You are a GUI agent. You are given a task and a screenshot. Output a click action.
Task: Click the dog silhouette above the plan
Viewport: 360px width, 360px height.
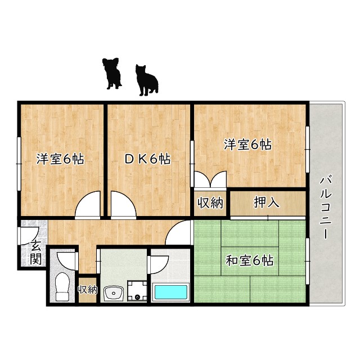point(112,74)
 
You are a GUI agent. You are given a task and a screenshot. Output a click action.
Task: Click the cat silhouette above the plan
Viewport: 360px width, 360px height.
point(146,80)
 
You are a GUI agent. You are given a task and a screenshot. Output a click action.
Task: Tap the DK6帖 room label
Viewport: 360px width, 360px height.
point(147,159)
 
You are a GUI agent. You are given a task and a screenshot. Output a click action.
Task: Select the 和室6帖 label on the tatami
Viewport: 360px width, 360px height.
point(250,260)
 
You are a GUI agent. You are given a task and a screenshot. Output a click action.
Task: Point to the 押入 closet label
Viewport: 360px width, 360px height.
point(266,202)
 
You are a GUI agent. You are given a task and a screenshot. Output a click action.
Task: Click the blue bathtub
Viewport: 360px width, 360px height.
point(171,292)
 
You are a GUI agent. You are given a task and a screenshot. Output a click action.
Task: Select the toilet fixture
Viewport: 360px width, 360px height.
point(62,286)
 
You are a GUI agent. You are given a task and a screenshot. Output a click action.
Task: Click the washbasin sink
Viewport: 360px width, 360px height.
point(114,293)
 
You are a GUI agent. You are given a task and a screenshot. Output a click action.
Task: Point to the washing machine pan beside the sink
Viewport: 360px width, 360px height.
point(137,291)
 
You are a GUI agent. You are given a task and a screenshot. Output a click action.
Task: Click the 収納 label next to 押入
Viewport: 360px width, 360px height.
point(210,202)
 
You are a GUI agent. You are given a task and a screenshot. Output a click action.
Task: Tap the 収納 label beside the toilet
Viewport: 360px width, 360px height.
point(88,290)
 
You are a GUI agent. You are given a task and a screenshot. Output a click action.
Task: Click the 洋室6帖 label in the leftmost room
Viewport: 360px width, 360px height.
point(60,159)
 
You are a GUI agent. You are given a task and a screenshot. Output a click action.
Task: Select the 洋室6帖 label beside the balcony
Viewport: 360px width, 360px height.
point(247,145)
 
